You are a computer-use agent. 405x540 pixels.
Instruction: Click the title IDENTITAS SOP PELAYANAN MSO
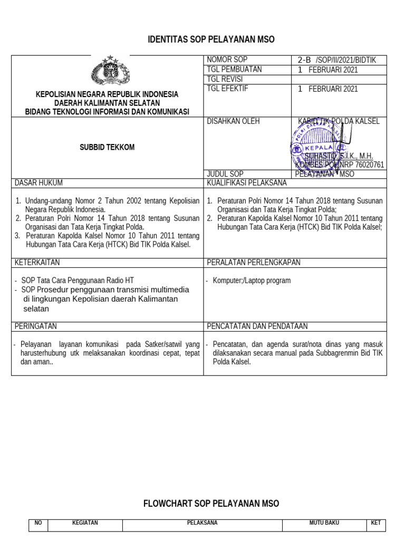tap(211, 40)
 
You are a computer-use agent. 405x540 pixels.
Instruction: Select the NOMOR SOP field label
tap(227, 60)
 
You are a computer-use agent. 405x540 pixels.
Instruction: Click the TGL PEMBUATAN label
tap(234, 70)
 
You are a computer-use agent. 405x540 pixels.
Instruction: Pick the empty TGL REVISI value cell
tap(339, 79)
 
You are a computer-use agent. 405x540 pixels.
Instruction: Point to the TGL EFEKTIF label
tap(227, 89)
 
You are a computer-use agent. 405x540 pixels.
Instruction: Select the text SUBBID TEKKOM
tap(107, 148)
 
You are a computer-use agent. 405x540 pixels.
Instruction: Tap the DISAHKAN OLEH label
tap(233, 121)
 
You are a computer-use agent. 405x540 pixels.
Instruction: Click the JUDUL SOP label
tap(225, 174)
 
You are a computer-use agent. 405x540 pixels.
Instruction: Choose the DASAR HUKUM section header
tap(38, 183)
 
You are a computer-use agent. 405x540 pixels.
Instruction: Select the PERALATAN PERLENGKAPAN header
tap(254, 262)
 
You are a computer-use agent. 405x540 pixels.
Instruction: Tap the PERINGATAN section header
tap(35, 326)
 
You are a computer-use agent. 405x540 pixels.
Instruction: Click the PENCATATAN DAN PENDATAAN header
tap(257, 326)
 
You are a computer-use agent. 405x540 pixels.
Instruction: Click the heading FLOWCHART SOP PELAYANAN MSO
tap(211, 504)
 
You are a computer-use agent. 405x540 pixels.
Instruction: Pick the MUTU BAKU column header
tap(324, 523)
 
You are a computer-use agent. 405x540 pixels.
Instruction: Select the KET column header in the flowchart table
tap(376, 523)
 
